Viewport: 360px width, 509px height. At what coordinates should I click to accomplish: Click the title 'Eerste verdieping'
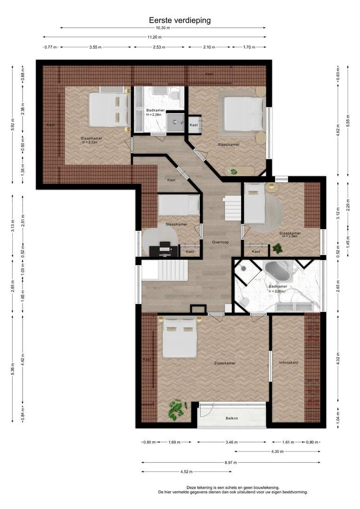(x=180, y=20)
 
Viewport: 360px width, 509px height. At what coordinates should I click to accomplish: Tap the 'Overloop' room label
(x=221, y=242)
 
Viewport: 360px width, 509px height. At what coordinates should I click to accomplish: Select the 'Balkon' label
(x=232, y=418)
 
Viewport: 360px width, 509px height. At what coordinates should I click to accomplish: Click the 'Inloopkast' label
(x=288, y=362)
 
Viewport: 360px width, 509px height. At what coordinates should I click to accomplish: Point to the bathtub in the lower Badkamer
(x=278, y=272)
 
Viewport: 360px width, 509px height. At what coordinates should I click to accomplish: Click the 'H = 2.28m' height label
(x=155, y=114)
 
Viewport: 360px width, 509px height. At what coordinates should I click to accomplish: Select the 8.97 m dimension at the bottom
(x=230, y=463)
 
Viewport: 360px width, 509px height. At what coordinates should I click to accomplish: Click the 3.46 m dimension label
(x=231, y=442)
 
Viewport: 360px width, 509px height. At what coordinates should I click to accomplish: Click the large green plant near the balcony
(x=177, y=410)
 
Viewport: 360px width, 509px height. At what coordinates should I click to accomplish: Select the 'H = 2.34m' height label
(x=290, y=236)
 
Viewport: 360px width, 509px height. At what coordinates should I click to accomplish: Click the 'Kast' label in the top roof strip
(x=209, y=74)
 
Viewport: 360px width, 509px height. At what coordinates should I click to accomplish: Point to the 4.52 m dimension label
(x=187, y=472)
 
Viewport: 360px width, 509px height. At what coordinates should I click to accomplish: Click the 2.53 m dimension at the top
(x=159, y=47)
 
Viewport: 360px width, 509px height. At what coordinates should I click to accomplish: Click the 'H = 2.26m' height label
(x=276, y=291)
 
